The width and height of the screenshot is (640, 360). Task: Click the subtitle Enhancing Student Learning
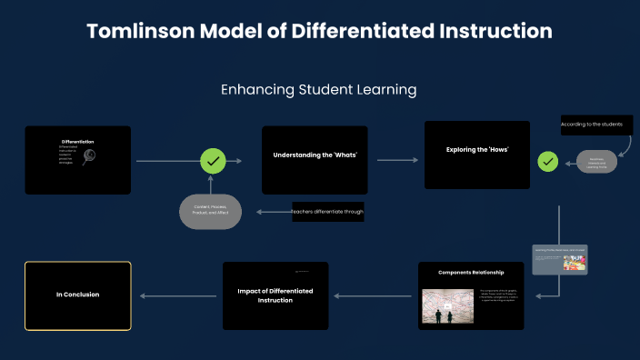pyautogui.click(x=318, y=90)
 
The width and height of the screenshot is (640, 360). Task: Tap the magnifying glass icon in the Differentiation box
pyautogui.click(x=89, y=156)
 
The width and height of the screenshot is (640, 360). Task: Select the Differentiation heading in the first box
pyautogui.click(x=77, y=142)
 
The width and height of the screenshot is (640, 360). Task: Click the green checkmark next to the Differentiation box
pyautogui.click(x=213, y=161)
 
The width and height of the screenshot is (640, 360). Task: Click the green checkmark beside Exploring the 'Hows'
pyautogui.click(x=547, y=161)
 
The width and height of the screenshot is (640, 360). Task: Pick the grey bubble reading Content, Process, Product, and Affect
pyautogui.click(x=210, y=211)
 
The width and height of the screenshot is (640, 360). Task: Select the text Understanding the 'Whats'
pyautogui.click(x=315, y=155)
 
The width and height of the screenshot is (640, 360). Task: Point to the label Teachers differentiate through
pyautogui.click(x=327, y=212)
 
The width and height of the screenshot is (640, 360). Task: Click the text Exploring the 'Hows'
pyautogui.click(x=476, y=149)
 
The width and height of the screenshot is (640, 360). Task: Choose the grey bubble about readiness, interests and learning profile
pyautogui.click(x=596, y=162)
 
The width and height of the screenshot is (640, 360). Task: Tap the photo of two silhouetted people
pyautogui.click(x=448, y=305)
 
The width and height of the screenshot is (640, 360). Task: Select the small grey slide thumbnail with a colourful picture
pyautogui.click(x=559, y=258)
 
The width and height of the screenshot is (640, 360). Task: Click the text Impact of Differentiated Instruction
pyautogui.click(x=275, y=295)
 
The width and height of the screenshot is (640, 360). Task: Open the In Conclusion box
pyautogui.click(x=77, y=295)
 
